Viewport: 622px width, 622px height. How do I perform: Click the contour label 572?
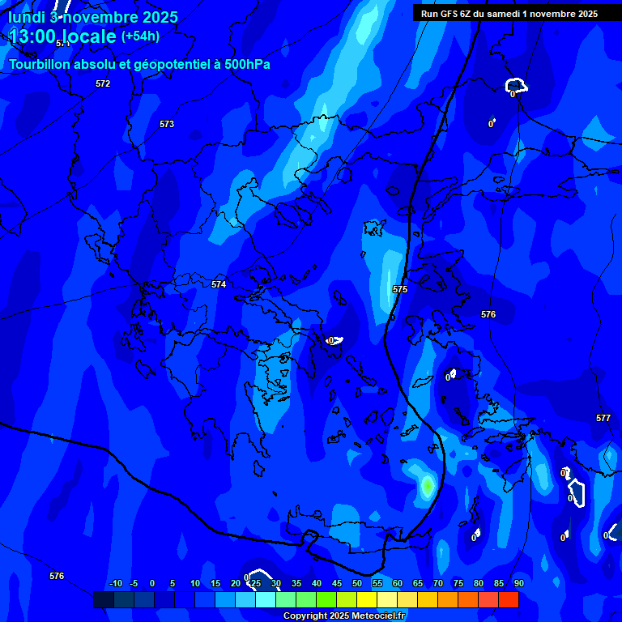pyautogui.click(x=102, y=83)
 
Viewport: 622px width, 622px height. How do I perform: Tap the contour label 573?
pyautogui.click(x=167, y=124)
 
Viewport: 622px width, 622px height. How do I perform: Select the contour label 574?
pyautogui.click(x=219, y=284)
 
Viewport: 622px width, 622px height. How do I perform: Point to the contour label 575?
pyautogui.click(x=400, y=289)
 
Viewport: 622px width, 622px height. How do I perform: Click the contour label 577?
pyautogui.click(x=603, y=418)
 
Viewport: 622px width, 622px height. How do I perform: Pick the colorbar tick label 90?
pyautogui.click(x=518, y=583)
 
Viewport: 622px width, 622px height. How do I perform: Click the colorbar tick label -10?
pyautogui.click(x=116, y=583)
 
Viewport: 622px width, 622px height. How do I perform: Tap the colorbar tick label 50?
pyautogui.click(x=357, y=583)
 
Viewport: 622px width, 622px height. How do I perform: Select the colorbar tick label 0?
pyautogui.click(x=152, y=583)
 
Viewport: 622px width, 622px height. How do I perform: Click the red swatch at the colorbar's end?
pyautogui.click(x=509, y=599)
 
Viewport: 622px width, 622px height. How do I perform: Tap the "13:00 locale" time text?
pyautogui.click(x=62, y=36)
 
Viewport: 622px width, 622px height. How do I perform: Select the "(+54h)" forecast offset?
pyautogui.click(x=140, y=36)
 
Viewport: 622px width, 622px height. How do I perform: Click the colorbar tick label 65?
pyautogui.click(x=418, y=583)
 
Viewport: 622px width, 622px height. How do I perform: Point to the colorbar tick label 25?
pyautogui.click(x=256, y=583)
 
